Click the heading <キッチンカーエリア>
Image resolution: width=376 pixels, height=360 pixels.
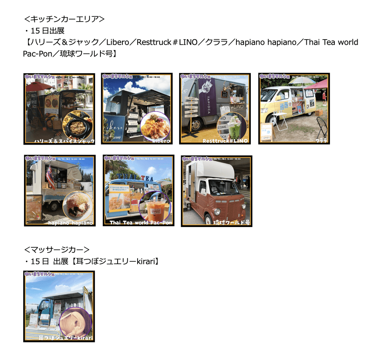click(64, 19)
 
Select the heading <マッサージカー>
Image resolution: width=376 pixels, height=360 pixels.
click(56, 249)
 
